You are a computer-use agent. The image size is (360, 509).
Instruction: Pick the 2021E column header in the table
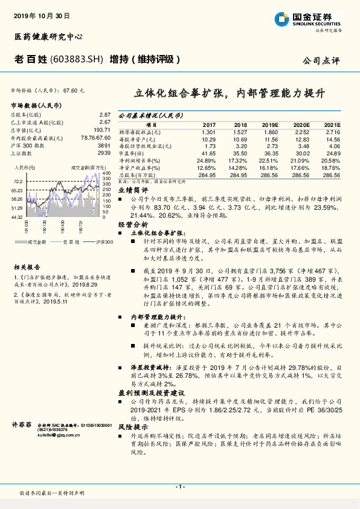pos(333,124)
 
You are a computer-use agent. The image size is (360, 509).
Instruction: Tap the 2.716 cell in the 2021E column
pos(333,131)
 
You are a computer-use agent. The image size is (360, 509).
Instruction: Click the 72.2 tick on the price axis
pos(18,181)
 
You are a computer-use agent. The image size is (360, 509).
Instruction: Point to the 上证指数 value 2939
pos(104,153)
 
